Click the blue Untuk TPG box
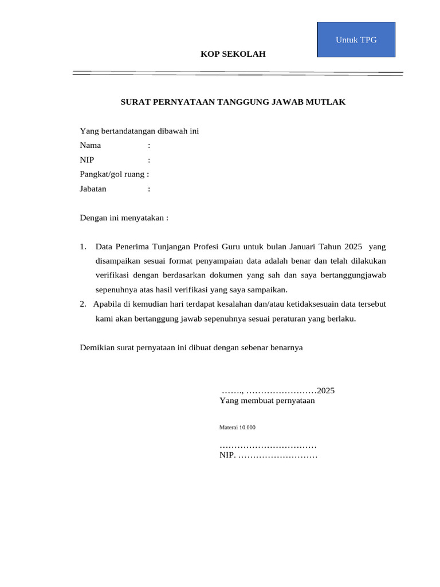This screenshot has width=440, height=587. pos(356,40)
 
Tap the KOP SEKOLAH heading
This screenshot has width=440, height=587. pos(233,54)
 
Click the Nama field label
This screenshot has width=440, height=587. pos(90,145)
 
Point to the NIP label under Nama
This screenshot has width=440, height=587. pos(87,159)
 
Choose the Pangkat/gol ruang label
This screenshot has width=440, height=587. pos(114,174)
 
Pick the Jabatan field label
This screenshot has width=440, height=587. pos(93,188)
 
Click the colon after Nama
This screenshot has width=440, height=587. pos(149,145)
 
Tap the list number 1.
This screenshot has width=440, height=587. pos(83,247)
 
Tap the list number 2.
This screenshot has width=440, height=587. pos(83,304)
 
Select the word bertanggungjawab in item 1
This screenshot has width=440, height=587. pos(353,276)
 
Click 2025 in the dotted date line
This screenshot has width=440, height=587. pos(325,390)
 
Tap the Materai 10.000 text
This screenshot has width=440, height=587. pos(237,428)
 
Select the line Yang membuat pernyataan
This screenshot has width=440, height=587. pos(267,401)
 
